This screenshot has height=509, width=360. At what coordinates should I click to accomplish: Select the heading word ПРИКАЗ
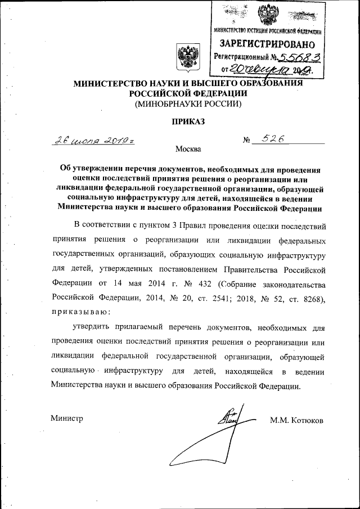[188, 121]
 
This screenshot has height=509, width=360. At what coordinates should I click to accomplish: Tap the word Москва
[187, 149]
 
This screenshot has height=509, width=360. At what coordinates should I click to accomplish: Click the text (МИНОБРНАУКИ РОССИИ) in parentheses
[188, 104]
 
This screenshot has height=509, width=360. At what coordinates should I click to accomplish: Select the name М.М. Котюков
[296, 420]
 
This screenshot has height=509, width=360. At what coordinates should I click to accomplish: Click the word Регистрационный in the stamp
[238, 57]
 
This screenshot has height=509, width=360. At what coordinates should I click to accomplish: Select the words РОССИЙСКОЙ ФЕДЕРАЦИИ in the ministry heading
[188, 93]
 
